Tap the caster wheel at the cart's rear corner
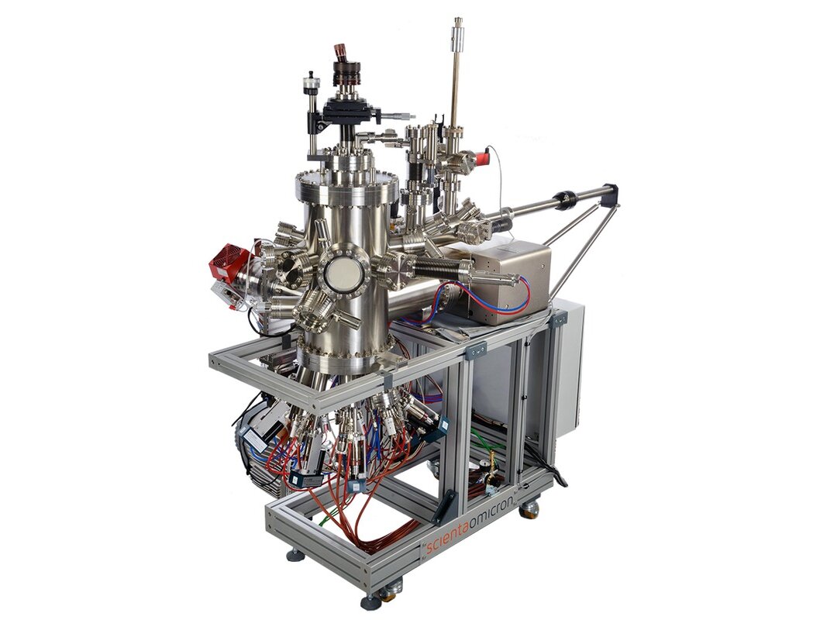pyautogui.click(x=529, y=508)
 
